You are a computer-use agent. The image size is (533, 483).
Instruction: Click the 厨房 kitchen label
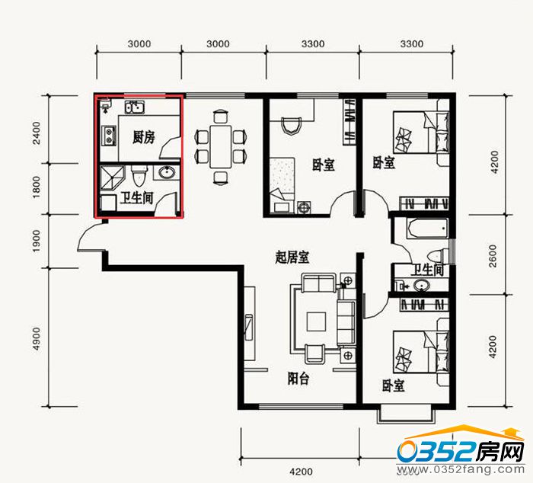(x=143, y=138)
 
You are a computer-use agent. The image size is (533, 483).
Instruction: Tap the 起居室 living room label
(x=292, y=257)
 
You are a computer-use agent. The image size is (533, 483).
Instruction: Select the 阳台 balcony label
(x=298, y=378)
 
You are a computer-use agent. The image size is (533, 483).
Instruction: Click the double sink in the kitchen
(x=135, y=107)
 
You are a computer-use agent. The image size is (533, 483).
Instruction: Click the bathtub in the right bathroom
(x=426, y=229)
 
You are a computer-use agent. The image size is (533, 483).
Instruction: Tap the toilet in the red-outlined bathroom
(x=139, y=175)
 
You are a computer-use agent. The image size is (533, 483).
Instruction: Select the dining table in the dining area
(x=221, y=146)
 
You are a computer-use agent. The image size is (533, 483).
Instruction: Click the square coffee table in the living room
(x=316, y=321)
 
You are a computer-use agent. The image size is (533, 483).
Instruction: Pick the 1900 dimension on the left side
(x=37, y=241)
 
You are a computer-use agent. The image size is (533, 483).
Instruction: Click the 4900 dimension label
(x=37, y=338)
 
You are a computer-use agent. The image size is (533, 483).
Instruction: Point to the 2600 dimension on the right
(x=493, y=255)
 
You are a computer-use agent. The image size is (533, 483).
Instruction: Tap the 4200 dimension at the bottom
(x=301, y=472)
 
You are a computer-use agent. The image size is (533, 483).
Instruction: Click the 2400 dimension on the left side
(x=37, y=133)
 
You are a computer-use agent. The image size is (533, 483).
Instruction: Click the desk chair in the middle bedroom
(x=292, y=126)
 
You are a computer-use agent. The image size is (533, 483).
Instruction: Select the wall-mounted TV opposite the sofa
(x=249, y=328)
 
